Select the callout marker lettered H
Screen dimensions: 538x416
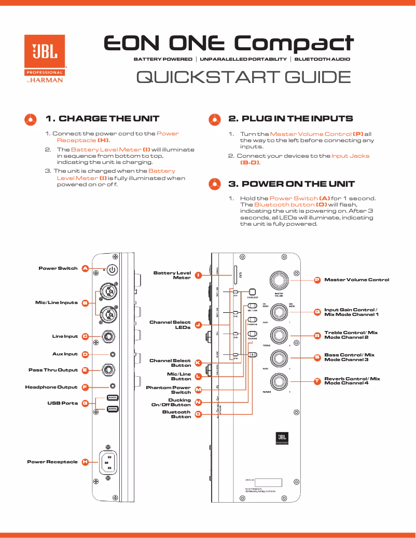point(85,462)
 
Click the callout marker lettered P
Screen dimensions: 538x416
point(317,280)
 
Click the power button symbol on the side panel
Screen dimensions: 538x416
point(113,270)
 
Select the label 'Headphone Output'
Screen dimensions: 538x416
point(51,387)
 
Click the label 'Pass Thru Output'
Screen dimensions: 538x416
point(53,370)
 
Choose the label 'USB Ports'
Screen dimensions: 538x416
point(63,403)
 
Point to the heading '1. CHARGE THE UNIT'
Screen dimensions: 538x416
point(102,119)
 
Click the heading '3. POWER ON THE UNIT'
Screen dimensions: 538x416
point(292,184)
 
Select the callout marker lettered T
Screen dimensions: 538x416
point(317,381)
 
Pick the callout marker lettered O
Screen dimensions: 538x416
point(198,414)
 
